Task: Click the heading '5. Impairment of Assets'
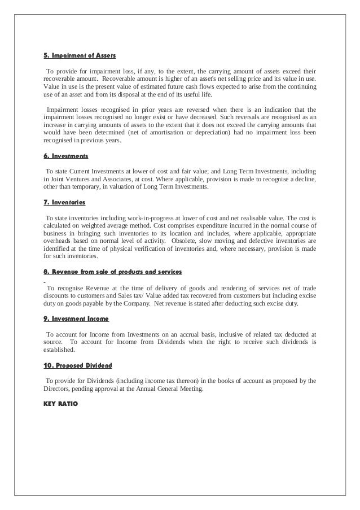click(x=80, y=56)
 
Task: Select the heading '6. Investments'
click(x=65, y=156)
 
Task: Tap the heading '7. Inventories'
click(x=64, y=202)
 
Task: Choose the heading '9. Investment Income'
click(x=76, y=319)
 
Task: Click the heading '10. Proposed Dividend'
click(x=78, y=364)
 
